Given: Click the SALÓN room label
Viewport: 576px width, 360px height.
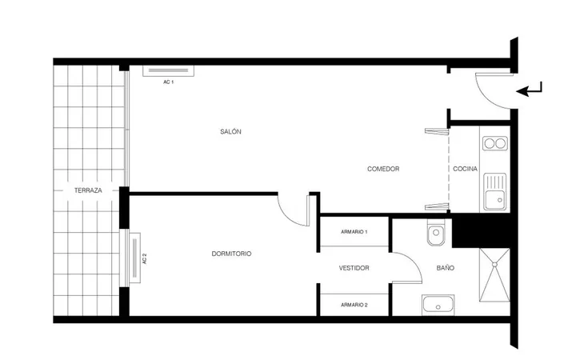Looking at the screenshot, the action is (x=230, y=131).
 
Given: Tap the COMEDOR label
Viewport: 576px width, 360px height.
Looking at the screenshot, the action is (x=383, y=169).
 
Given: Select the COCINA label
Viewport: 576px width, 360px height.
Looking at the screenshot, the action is (x=465, y=169).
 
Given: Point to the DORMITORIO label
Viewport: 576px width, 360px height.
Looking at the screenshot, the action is (x=231, y=254).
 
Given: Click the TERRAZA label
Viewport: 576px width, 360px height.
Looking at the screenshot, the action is (x=88, y=190).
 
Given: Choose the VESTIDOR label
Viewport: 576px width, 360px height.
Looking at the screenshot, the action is (x=354, y=268).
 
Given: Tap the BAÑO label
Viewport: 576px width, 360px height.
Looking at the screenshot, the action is (x=446, y=268).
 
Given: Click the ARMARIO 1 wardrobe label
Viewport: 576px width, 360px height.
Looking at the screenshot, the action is (x=354, y=232).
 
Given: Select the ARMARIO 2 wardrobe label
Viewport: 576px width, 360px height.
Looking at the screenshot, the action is (x=354, y=305).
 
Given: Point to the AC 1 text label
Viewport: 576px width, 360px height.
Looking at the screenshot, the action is (x=169, y=82).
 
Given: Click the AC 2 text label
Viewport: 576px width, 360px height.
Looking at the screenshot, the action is (x=144, y=258).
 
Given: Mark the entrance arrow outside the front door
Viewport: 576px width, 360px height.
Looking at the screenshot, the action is (x=529, y=90).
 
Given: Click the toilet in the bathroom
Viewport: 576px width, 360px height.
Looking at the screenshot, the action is (x=436, y=233).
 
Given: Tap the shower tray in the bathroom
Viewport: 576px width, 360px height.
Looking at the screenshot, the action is (x=494, y=275).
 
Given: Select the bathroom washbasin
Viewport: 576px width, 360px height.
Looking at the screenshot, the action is (x=438, y=305).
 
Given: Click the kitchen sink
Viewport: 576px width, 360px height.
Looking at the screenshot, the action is (x=495, y=192).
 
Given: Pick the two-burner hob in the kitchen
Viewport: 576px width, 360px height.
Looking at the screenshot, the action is (x=495, y=143).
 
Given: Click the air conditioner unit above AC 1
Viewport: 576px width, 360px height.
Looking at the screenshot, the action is (x=169, y=71).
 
